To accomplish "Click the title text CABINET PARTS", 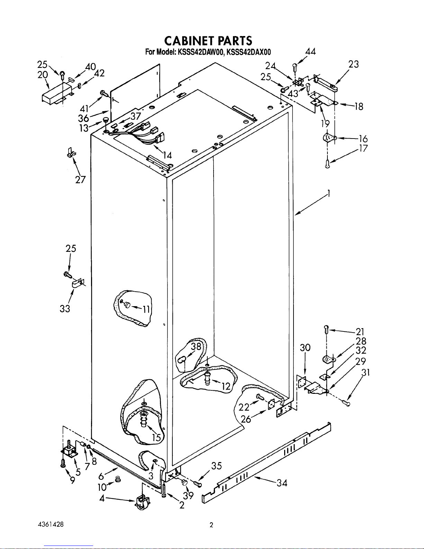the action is tap(208, 41).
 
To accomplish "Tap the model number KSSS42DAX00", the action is tap(249, 52).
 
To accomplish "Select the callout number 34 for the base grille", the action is tap(282, 483).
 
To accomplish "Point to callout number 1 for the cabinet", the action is tap(328, 194).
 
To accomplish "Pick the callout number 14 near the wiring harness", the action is tap(167, 155).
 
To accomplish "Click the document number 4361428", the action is tap(51, 524).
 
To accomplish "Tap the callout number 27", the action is tap(81, 180).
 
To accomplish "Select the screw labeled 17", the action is tap(327, 164).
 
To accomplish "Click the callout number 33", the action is tap(65, 309).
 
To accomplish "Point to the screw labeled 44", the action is tap(295, 68).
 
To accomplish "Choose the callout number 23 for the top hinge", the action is tap(353, 64).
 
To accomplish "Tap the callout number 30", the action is tap(305, 347).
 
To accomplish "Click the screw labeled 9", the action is tap(63, 463).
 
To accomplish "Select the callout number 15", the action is tap(156, 437).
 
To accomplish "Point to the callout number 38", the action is tap(196, 346).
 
